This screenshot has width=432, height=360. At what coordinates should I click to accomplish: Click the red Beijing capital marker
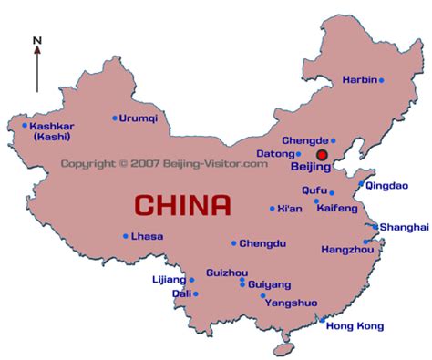322,156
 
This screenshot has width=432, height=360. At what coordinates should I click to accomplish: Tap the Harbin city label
359,80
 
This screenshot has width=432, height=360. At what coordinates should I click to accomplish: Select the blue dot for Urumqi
115,118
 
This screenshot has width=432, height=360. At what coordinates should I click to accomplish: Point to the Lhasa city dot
126,236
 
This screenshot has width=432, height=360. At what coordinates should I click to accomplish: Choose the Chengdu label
262,243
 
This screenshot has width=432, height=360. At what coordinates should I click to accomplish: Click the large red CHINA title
182,204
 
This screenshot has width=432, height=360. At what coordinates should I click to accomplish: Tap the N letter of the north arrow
36,40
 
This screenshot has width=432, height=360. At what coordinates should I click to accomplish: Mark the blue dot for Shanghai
375,226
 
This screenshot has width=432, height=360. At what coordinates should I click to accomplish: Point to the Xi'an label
290,209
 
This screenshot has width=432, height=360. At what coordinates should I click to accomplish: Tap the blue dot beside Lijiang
191,280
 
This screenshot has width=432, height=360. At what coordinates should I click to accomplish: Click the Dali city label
181,294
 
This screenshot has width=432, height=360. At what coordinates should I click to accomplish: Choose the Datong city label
276,154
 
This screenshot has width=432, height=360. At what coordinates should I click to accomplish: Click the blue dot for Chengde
334,140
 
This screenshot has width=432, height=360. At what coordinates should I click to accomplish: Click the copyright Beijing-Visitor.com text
164,164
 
